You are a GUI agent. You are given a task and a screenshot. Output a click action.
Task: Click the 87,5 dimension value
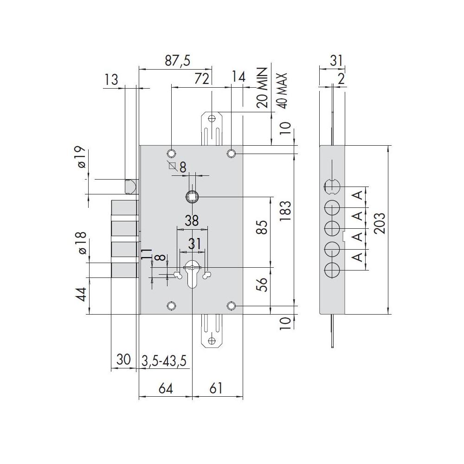(x=178, y=61)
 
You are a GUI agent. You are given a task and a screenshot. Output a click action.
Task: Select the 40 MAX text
(x=283, y=91)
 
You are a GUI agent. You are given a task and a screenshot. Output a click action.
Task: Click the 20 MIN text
(x=262, y=88)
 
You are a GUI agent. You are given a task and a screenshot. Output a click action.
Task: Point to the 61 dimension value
(x=216, y=388)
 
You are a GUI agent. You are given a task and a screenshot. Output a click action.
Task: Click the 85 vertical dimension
(x=262, y=227)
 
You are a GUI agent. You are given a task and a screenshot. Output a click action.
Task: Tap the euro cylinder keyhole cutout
(x=192, y=274)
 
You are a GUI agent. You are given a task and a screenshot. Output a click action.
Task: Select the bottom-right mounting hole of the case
(x=231, y=306)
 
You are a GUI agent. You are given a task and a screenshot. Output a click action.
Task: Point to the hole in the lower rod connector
(x=212, y=341)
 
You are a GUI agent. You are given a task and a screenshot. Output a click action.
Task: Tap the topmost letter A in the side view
(x=358, y=195)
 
